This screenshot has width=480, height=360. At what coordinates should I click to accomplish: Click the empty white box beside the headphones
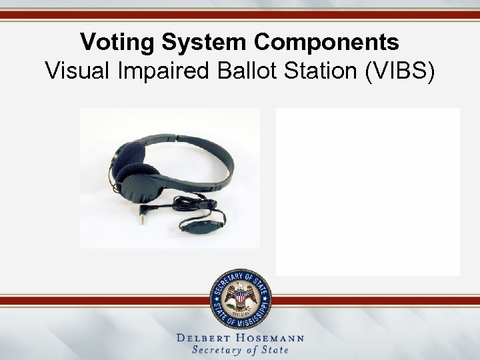(368, 191)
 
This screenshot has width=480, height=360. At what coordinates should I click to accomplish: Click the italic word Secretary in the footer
(218, 351)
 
